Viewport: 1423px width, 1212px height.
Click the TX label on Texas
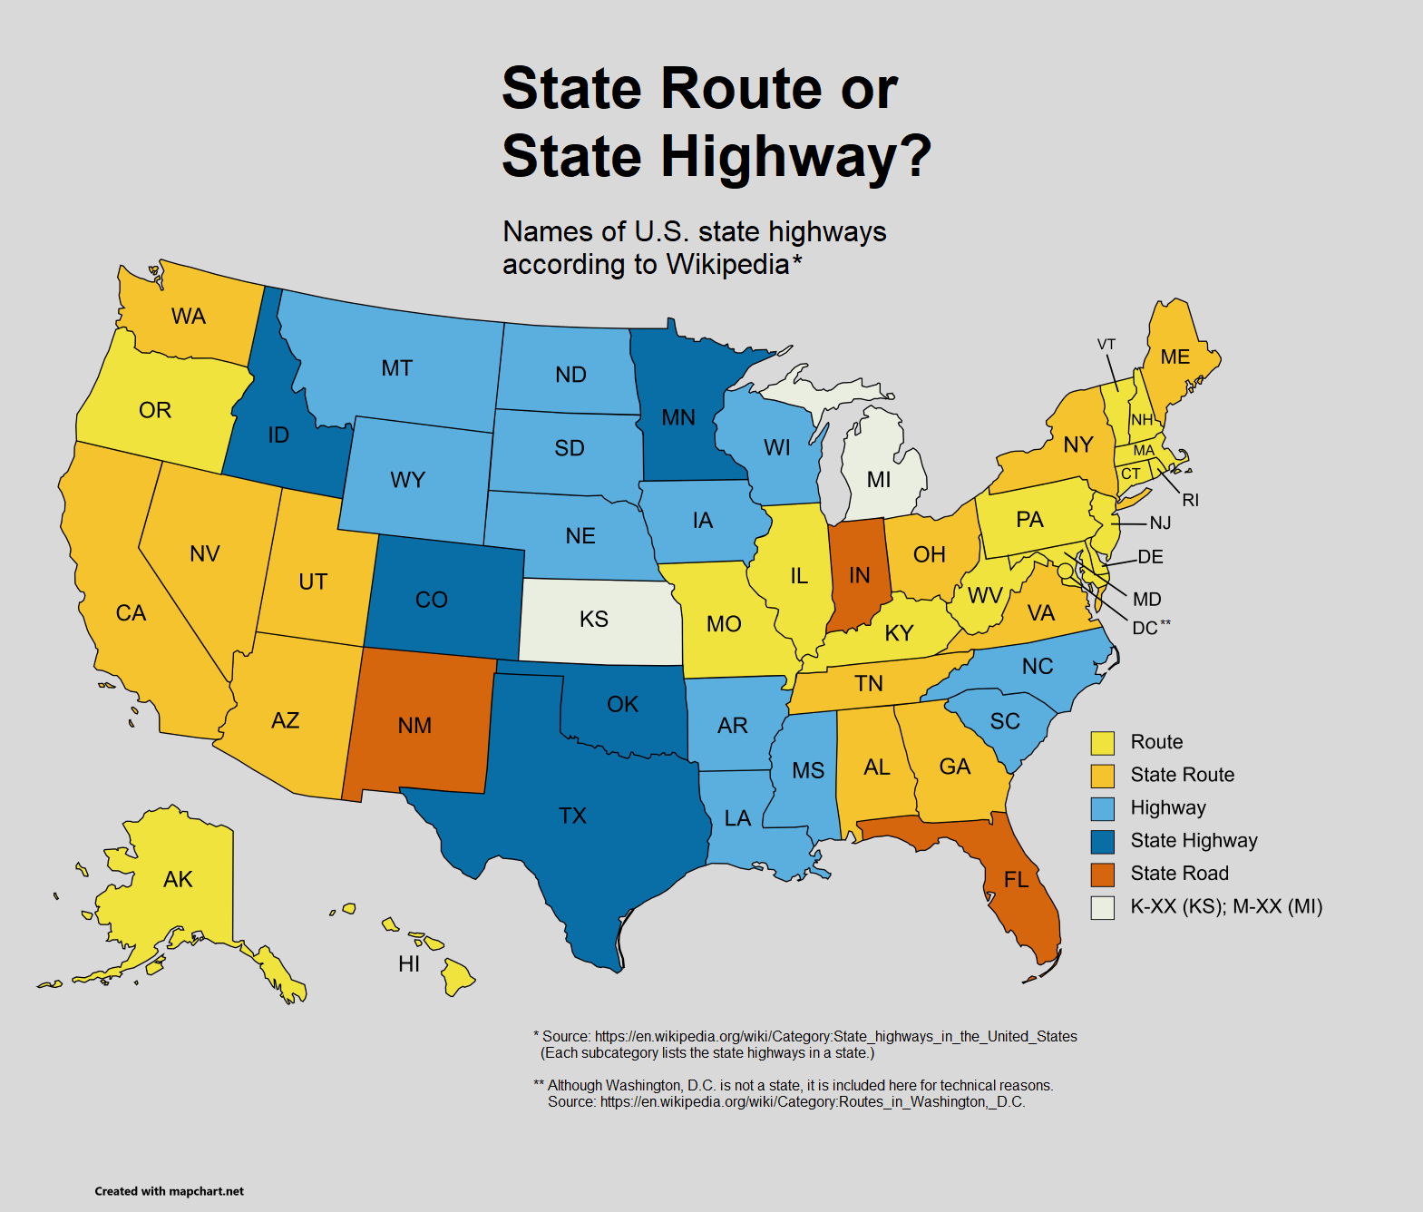pos(572,816)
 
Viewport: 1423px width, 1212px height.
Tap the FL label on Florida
pos(1016,879)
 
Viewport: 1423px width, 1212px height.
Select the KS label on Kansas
pos(593,619)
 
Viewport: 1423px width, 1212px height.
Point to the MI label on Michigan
pos(878,479)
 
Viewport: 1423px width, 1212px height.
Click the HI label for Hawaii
pos(409,963)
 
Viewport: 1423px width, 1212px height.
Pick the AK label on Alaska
pos(178,879)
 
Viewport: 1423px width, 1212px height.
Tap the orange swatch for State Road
pos(1102,875)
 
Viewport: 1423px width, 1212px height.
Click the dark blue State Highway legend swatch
pos(1102,842)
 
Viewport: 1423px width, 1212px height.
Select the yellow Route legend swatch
pos(1102,743)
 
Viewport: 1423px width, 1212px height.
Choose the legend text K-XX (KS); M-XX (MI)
pos(1225,906)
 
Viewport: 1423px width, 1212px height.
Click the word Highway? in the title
pos(794,156)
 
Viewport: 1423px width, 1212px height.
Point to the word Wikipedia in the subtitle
pos(727,264)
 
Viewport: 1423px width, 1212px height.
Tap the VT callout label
pos(1106,345)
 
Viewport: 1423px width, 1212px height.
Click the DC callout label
pos(1145,628)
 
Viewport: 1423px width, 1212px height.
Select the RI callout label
pos(1190,500)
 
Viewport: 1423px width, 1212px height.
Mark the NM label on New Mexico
pos(414,725)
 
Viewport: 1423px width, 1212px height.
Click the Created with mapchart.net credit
pos(170,1191)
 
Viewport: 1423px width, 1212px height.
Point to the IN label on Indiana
pos(859,575)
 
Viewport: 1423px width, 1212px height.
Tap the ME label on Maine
pos(1174,357)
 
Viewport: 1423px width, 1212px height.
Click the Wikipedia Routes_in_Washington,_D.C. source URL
pos(813,1101)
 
